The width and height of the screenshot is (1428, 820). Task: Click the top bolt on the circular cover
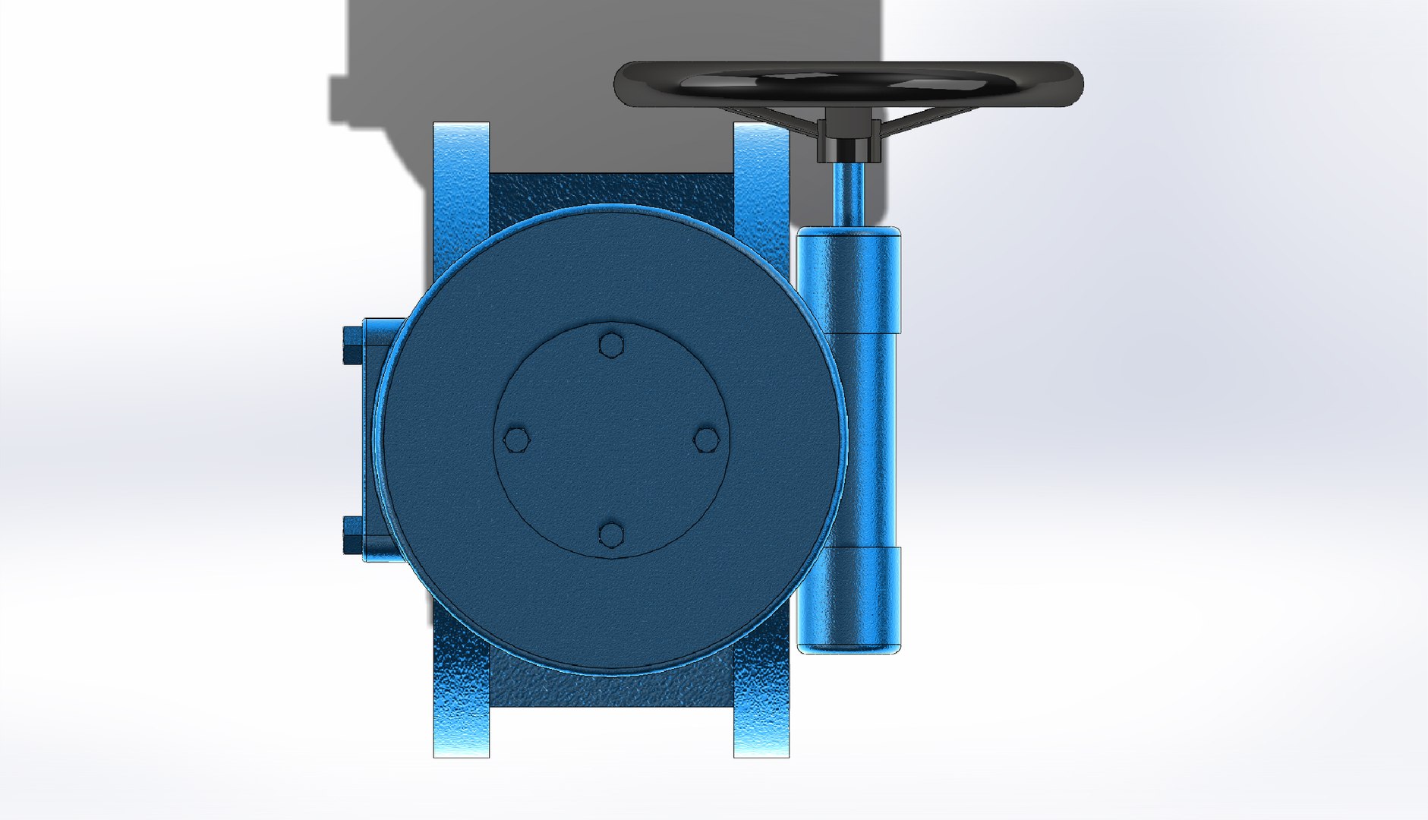coord(611,345)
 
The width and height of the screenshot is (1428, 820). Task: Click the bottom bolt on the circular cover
coord(611,535)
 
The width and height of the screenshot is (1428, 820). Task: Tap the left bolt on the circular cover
coord(517,440)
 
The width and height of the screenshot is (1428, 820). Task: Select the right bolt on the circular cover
coord(707,439)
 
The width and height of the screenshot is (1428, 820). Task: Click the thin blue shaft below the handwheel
coord(848,194)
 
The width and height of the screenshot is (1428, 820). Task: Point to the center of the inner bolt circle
coord(611,440)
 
